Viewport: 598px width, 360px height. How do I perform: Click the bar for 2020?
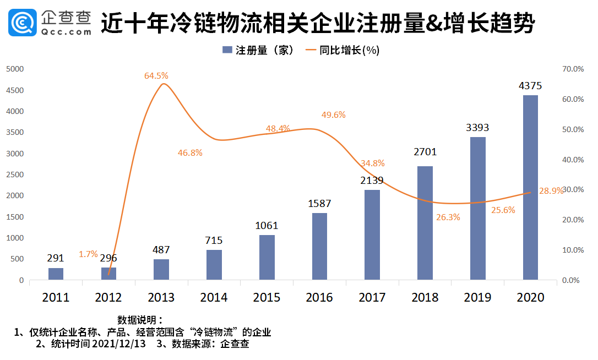pyautogui.click(x=530, y=188)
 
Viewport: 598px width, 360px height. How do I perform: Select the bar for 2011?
pyautogui.click(x=56, y=274)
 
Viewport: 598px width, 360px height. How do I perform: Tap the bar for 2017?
pyautogui.click(x=372, y=235)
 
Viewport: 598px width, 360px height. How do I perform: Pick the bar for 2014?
pyautogui.click(x=214, y=265)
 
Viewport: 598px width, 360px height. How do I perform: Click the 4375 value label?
pyautogui.click(x=530, y=86)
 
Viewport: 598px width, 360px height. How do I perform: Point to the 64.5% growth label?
pyautogui.click(x=156, y=76)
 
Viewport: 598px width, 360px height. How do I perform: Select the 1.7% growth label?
pyautogui.click(x=88, y=254)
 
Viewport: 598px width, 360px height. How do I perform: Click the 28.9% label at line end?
pyautogui.click(x=551, y=191)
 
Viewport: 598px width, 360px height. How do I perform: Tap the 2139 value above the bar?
pyautogui.click(x=372, y=181)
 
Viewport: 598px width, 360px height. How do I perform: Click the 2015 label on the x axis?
pyautogui.click(x=267, y=298)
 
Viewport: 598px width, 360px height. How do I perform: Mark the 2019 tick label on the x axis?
pyautogui.click(x=477, y=298)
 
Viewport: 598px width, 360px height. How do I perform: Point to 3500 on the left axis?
pyautogui.click(x=15, y=133)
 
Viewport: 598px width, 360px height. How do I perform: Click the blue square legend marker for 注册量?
pyautogui.click(x=226, y=50)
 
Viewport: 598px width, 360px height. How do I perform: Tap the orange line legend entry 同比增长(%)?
pyautogui.click(x=341, y=50)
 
